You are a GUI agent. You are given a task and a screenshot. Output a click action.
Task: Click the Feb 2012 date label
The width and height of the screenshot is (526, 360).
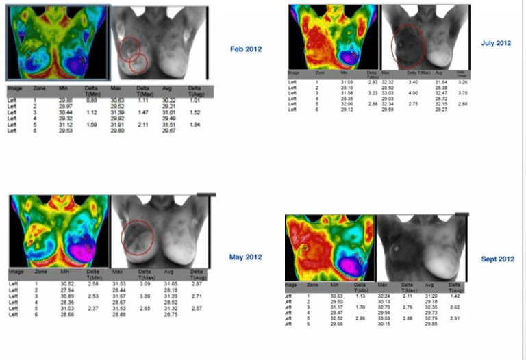[x=246, y=49]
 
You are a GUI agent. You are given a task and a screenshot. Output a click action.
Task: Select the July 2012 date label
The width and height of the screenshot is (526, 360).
[x=497, y=43]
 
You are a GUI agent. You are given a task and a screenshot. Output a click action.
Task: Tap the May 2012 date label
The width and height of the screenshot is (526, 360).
[x=245, y=257]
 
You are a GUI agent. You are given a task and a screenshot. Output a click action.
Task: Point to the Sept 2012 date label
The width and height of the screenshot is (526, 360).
[x=497, y=259]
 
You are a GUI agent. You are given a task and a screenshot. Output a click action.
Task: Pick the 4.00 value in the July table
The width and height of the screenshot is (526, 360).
[x=413, y=92]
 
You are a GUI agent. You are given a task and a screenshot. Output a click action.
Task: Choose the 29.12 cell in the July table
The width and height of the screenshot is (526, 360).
[x=349, y=109]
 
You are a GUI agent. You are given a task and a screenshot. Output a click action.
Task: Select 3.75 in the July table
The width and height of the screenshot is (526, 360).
[x=462, y=93]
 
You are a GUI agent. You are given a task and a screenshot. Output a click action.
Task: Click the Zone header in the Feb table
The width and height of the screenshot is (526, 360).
[x=39, y=89]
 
